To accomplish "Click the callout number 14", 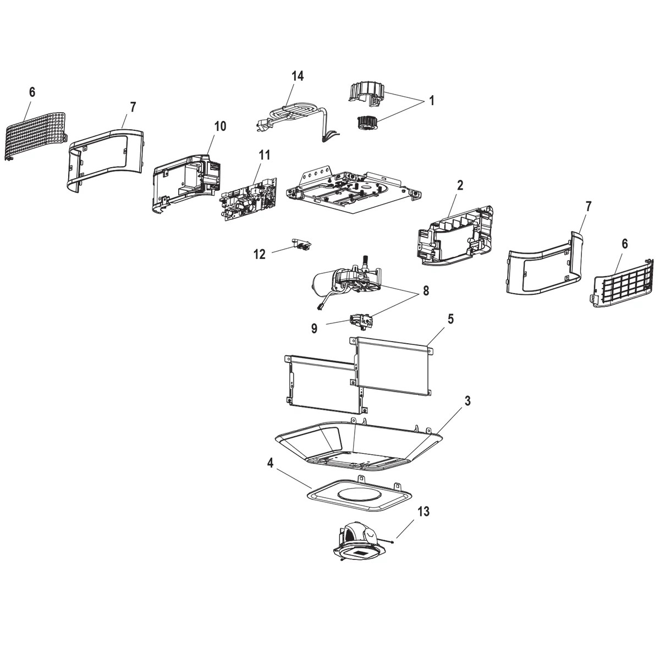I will pos(297,76).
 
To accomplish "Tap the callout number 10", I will pos(219,126).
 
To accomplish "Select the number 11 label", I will pos(264,155).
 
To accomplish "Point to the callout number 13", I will pos(423,512).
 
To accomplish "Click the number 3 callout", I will pos(467,401).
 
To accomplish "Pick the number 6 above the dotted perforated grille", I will pos(32,92).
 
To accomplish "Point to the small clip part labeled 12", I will pos(301,244).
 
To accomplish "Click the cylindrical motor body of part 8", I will pos(324,284).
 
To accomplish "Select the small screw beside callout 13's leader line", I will pos(390,542).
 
